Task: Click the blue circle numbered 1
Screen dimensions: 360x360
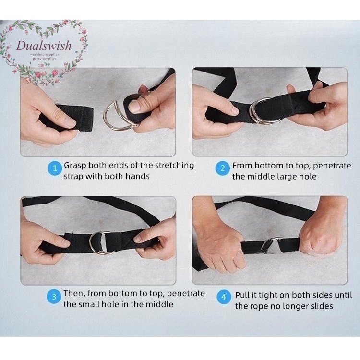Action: coord(55,168)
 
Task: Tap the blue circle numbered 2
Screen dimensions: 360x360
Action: coord(222,168)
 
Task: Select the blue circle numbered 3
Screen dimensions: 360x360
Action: coord(54,297)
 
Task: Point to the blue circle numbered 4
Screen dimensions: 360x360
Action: coord(224,297)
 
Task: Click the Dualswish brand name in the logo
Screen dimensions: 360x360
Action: coord(44,46)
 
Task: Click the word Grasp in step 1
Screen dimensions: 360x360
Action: coord(75,166)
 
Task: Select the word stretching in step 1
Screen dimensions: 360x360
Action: coord(174,166)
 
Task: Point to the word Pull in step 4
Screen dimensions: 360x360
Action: coord(242,295)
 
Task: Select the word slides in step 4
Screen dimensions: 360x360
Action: coord(321,306)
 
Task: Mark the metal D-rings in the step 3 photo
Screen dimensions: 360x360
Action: coord(100,243)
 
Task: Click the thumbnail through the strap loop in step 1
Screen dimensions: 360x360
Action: coord(135,107)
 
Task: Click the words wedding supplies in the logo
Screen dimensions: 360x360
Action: coord(45,54)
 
